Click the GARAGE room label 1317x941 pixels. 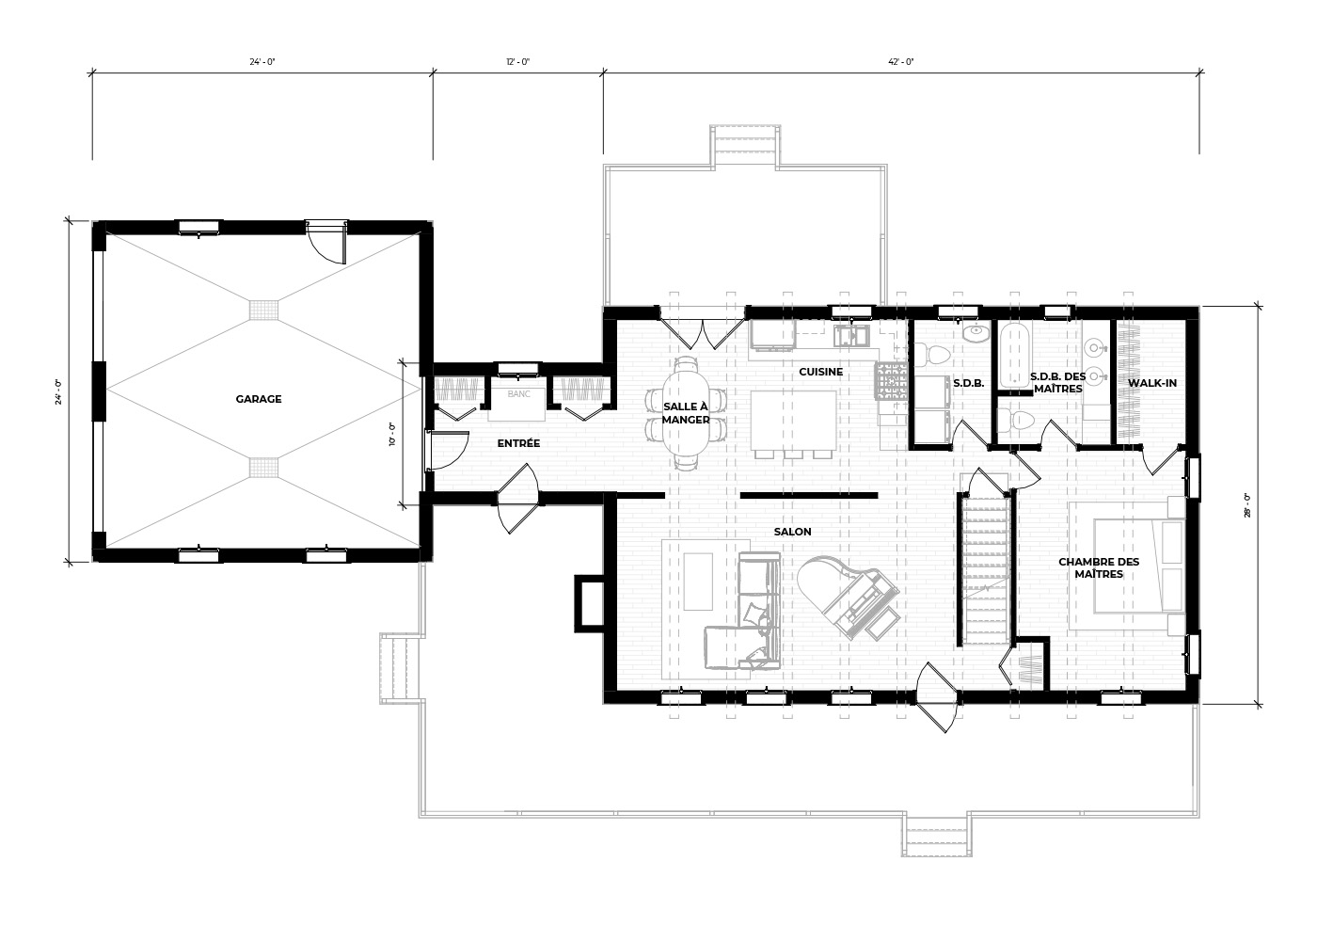click(258, 399)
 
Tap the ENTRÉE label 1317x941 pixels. click(518, 443)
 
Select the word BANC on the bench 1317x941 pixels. click(518, 393)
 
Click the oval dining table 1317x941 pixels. click(686, 413)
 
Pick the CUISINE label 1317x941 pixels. click(820, 372)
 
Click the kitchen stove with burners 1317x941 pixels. click(893, 380)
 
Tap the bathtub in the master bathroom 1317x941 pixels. click(1015, 356)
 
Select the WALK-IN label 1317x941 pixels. click(1152, 383)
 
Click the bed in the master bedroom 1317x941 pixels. click(1139, 566)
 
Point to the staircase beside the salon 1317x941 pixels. click(986, 568)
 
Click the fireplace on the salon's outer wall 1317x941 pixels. click(589, 604)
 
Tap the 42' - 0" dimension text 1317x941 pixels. click(901, 62)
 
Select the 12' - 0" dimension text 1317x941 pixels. click(518, 62)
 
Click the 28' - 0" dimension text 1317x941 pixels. click(1247, 504)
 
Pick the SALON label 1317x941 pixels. click(792, 532)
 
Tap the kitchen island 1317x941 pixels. click(794, 420)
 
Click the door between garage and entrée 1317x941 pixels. click(446, 450)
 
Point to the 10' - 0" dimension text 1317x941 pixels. click(392, 434)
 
